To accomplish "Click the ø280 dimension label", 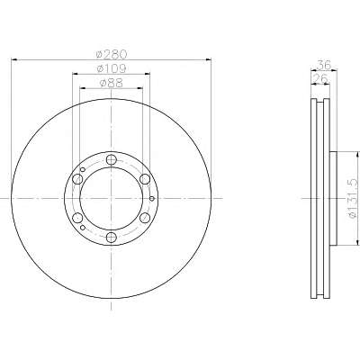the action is pyautogui.click(x=112, y=54).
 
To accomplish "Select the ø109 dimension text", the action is pyautogui.click(x=112, y=68).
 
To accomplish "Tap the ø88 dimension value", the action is pyautogui.click(x=112, y=83).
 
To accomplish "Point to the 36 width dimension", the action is pyautogui.click(x=324, y=65).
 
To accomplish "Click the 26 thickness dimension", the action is pyautogui.click(x=320, y=78).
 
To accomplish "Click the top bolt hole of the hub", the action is pyautogui.click(x=112, y=159).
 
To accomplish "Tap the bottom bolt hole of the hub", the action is pyautogui.click(x=112, y=238).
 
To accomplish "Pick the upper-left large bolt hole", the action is pyautogui.click(x=77, y=179).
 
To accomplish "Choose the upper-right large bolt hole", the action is pyautogui.click(x=145, y=179).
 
